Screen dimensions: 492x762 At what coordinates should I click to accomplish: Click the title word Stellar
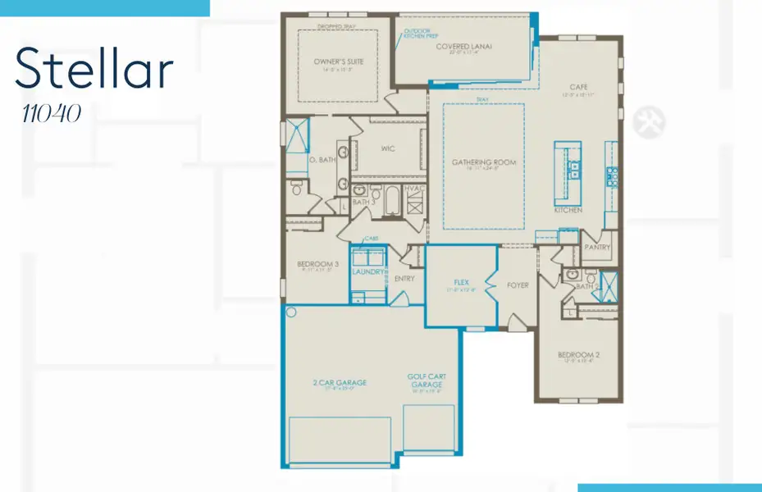pos(94,69)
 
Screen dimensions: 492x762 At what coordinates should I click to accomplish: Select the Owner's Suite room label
pos(338,61)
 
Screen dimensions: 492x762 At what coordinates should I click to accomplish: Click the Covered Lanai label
pos(464,47)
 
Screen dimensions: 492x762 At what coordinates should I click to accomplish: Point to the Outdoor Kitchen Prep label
pos(418,34)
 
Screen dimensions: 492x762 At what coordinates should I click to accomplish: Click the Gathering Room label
pos(484,162)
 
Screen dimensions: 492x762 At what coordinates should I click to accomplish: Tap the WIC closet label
pos(389,149)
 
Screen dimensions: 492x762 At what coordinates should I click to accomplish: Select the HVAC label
pos(416,188)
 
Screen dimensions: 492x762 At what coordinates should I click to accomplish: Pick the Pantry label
pos(595,246)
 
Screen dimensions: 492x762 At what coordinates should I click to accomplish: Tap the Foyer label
pos(518,285)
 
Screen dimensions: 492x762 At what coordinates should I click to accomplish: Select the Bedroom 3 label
pos(317,264)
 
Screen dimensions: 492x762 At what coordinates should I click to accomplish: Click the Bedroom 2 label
pos(579,355)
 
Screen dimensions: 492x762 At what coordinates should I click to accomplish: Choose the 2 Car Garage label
pos(339,382)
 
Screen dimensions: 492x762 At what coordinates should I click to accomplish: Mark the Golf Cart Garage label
pos(426,381)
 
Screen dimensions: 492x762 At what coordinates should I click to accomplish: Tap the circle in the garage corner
pos(290,312)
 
